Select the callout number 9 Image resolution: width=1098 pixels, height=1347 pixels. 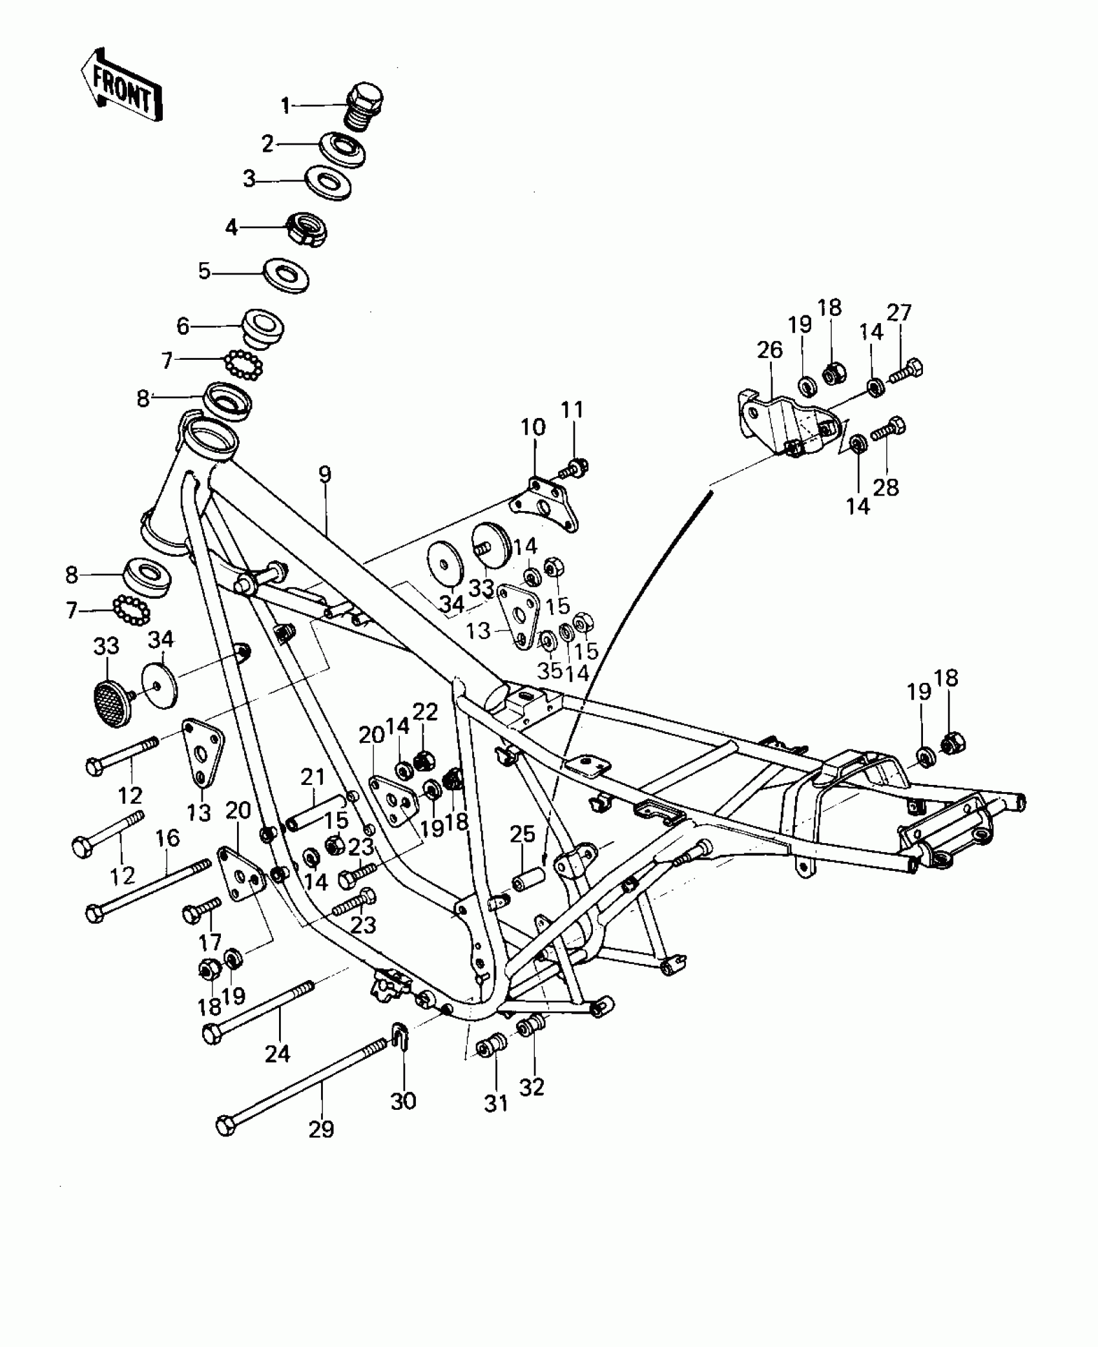pyautogui.click(x=324, y=475)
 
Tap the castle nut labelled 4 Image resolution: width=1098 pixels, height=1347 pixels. pyautogui.click(x=307, y=229)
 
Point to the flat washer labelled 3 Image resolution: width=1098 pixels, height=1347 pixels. pyautogui.click(x=328, y=182)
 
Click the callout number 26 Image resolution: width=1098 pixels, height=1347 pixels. pyautogui.click(x=770, y=350)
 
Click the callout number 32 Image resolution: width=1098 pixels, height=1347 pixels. pyautogui.click(x=532, y=1086)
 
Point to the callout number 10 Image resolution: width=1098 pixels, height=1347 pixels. pyautogui.click(x=533, y=426)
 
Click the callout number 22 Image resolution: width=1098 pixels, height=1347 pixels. pyautogui.click(x=425, y=712)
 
